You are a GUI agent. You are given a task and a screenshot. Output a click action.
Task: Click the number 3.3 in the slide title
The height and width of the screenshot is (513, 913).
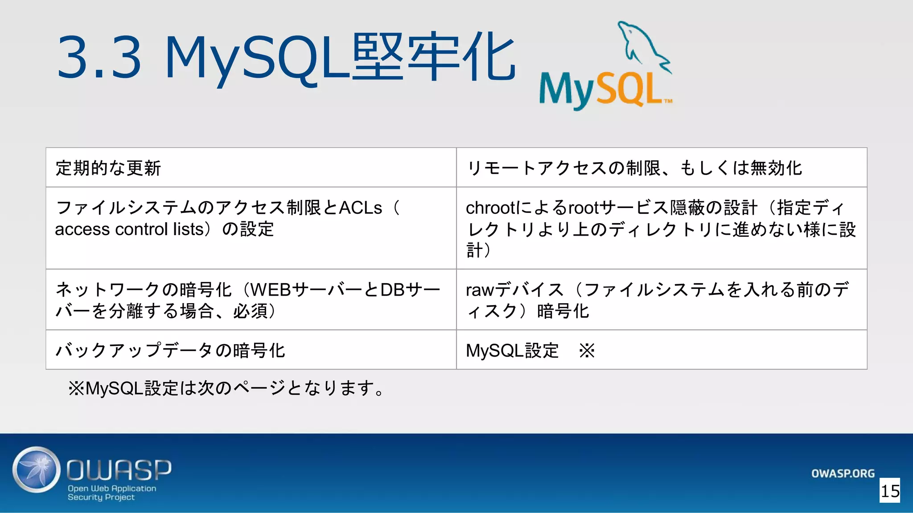(x=99, y=58)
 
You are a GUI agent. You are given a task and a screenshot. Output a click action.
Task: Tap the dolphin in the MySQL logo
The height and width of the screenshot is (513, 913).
(x=642, y=45)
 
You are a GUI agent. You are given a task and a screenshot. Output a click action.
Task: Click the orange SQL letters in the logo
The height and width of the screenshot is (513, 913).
(x=629, y=90)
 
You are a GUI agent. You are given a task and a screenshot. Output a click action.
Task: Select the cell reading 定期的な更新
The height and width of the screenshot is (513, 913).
(x=108, y=168)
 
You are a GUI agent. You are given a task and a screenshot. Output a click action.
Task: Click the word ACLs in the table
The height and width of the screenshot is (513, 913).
(x=360, y=208)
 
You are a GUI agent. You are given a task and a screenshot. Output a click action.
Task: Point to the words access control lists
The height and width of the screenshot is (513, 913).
(x=129, y=229)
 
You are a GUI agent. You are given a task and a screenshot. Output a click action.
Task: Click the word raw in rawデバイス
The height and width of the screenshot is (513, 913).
(x=480, y=290)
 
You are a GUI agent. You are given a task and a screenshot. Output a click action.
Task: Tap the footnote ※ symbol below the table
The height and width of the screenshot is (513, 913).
(x=76, y=388)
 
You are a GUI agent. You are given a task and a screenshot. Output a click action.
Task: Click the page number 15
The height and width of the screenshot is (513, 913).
(x=890, y=491)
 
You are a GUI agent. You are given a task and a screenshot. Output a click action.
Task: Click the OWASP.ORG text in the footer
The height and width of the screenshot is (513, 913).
(x=843, y=473)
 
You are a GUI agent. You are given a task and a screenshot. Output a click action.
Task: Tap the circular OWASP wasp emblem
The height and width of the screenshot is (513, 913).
(x=36, y=469)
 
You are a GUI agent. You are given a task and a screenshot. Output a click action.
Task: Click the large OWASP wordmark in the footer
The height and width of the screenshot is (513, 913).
(x=119, y=470)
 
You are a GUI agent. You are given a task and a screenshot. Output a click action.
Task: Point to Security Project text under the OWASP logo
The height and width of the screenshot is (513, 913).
(x=101, y=497)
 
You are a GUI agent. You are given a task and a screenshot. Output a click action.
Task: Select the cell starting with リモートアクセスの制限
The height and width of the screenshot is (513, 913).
(x=633, y=168)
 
